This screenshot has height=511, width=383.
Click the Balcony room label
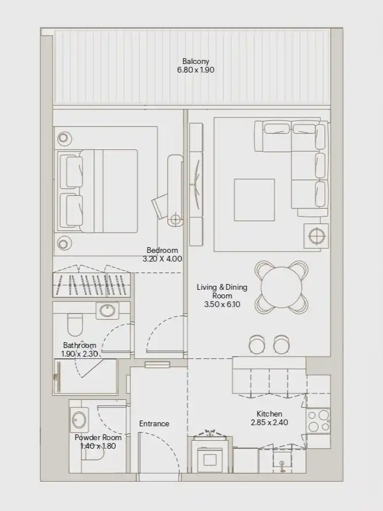point(195,61)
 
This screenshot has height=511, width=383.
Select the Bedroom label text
point(162,250)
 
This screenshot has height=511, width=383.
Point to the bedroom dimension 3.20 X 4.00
point(162,259)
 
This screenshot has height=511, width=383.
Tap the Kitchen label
point(269,414)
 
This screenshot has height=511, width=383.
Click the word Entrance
point(154,423)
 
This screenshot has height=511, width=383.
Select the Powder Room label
point(98,437)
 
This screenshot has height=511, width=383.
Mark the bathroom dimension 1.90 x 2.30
point(79,354)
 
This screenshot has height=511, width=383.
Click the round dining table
point(282,287)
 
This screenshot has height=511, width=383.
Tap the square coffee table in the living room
point(254,199)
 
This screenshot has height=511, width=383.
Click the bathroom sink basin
point(108,311)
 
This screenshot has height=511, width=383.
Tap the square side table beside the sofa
point(316,236)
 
